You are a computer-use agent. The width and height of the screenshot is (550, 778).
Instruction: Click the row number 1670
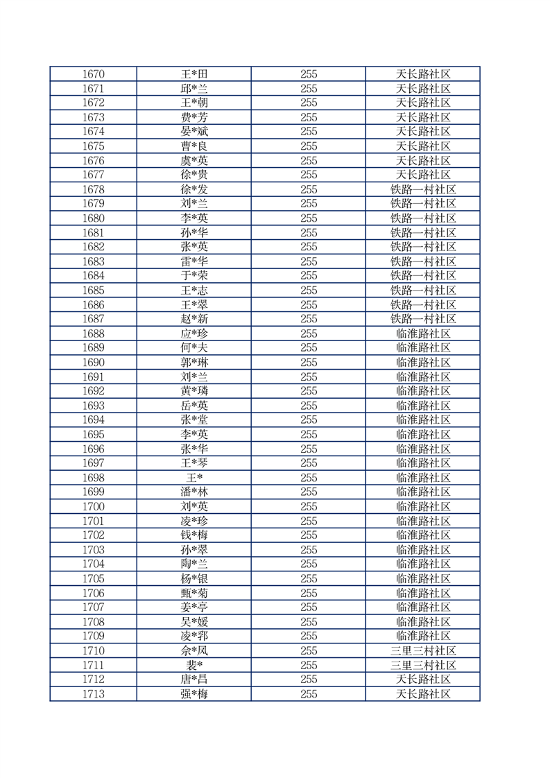[93, 74]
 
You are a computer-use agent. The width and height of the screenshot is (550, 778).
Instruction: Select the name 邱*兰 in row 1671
[194, 89]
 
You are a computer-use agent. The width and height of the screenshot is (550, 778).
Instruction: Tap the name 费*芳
[194, 117]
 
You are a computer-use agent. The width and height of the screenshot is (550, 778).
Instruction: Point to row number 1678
[93, 189]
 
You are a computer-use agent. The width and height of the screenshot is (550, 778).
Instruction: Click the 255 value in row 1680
[309, 218]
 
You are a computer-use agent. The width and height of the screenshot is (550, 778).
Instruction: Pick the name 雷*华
[194, 261]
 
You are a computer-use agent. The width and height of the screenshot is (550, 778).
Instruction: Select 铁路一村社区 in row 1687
[423, 319]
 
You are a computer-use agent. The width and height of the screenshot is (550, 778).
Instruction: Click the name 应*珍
[194, 334]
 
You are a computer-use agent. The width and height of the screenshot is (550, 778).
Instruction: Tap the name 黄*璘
[194, 391]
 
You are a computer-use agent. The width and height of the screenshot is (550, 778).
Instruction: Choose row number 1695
[93, 435]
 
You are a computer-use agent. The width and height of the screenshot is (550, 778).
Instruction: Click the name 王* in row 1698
[194, 478]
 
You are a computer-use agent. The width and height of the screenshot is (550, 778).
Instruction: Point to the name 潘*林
[194, 492]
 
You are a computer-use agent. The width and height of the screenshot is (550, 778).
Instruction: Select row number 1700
[93, 507]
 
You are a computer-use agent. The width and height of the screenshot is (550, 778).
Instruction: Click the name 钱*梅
[194, 535]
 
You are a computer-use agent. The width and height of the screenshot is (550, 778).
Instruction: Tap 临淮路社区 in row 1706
[423, 593]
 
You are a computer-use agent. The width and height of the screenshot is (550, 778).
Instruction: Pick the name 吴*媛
[194, 622]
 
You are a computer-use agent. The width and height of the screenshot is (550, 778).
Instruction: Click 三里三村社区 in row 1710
[423, 650]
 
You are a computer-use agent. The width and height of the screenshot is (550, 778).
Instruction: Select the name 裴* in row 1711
[194, 665]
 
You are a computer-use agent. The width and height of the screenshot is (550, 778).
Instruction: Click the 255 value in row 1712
[309, 680]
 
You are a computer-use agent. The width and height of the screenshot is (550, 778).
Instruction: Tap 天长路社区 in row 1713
[423, 694]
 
